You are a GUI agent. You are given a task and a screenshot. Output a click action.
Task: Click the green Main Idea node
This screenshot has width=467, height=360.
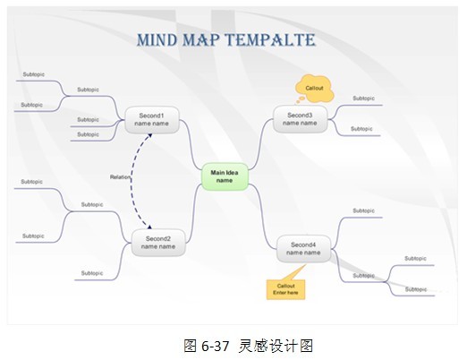[225, 176]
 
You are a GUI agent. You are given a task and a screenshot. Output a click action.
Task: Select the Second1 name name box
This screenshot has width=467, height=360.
[152, 120]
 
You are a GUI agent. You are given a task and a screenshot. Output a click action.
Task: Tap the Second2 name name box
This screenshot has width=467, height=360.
[158, 243]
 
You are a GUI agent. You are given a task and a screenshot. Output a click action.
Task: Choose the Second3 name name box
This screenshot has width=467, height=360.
[300, 119]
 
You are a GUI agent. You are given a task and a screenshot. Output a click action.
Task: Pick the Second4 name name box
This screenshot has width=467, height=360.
[303, 249]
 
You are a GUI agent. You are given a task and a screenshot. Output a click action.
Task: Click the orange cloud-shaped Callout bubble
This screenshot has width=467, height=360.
[314, 89]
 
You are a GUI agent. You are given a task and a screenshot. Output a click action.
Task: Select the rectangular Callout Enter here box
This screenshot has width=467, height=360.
[285, 289]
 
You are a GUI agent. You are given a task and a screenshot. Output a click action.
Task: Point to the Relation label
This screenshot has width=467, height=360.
[120, 177]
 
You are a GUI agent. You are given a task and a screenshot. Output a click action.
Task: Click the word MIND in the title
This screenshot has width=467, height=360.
[157, 40]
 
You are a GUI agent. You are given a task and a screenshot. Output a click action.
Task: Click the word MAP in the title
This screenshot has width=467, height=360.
[200, 40]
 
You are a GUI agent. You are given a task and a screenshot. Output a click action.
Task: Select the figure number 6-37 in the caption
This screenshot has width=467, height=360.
[215, 346]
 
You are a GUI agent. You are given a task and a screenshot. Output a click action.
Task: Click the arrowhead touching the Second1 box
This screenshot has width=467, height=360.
[150, 135]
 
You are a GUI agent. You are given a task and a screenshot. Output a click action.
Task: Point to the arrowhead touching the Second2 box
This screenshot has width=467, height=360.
[149, 227]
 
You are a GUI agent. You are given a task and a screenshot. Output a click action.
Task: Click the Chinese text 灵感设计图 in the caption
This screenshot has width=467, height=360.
[276, 346]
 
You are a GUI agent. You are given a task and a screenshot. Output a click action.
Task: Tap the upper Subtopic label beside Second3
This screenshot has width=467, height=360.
[364, 99]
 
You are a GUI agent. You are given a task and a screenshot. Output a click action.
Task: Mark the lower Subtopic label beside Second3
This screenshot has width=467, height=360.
[361, 129]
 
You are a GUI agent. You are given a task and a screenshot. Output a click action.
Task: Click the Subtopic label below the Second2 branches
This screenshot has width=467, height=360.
[92, 273]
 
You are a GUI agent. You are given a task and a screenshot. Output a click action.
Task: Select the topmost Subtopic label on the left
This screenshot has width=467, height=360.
[34, 74]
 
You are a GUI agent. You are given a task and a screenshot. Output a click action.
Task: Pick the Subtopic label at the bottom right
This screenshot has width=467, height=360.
[416, 289]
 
